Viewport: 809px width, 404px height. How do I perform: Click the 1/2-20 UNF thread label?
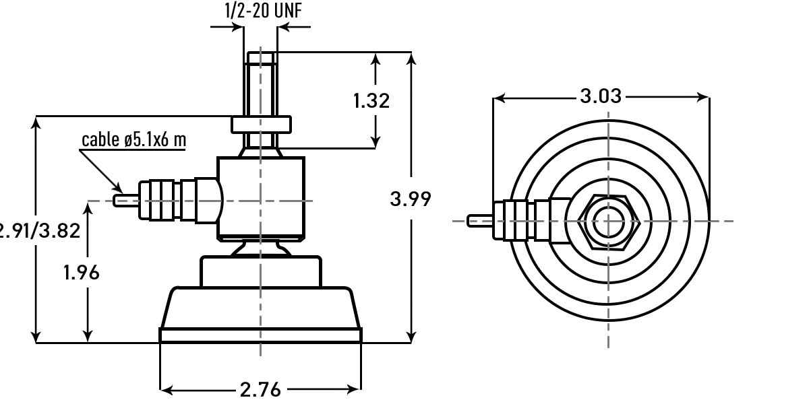pyautogui.click(x=267, y=11)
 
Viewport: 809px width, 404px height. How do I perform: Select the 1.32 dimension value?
pyautogui.click(x=371, y=101)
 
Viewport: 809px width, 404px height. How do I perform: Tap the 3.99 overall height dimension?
pyautogui.click(x=410, y=199)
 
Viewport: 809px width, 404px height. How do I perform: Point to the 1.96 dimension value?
pyautogui.click(x=81, y=273)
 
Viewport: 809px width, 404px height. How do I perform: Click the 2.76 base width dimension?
pyautogui.click(x=260, y=389)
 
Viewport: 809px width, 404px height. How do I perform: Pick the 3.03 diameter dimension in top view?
pyautogui.click(x=600, y=96)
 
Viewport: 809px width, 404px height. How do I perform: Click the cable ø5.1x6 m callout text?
pyautogui.click(x=133, y=139)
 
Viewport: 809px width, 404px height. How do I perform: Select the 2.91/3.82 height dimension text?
pyautogui.click(x=39, y=231)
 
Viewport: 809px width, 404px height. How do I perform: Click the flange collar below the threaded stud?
pyautogui.click(x=262, y=125)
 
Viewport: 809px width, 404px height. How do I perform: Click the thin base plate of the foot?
pyautogui.click(x=260, y=335)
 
